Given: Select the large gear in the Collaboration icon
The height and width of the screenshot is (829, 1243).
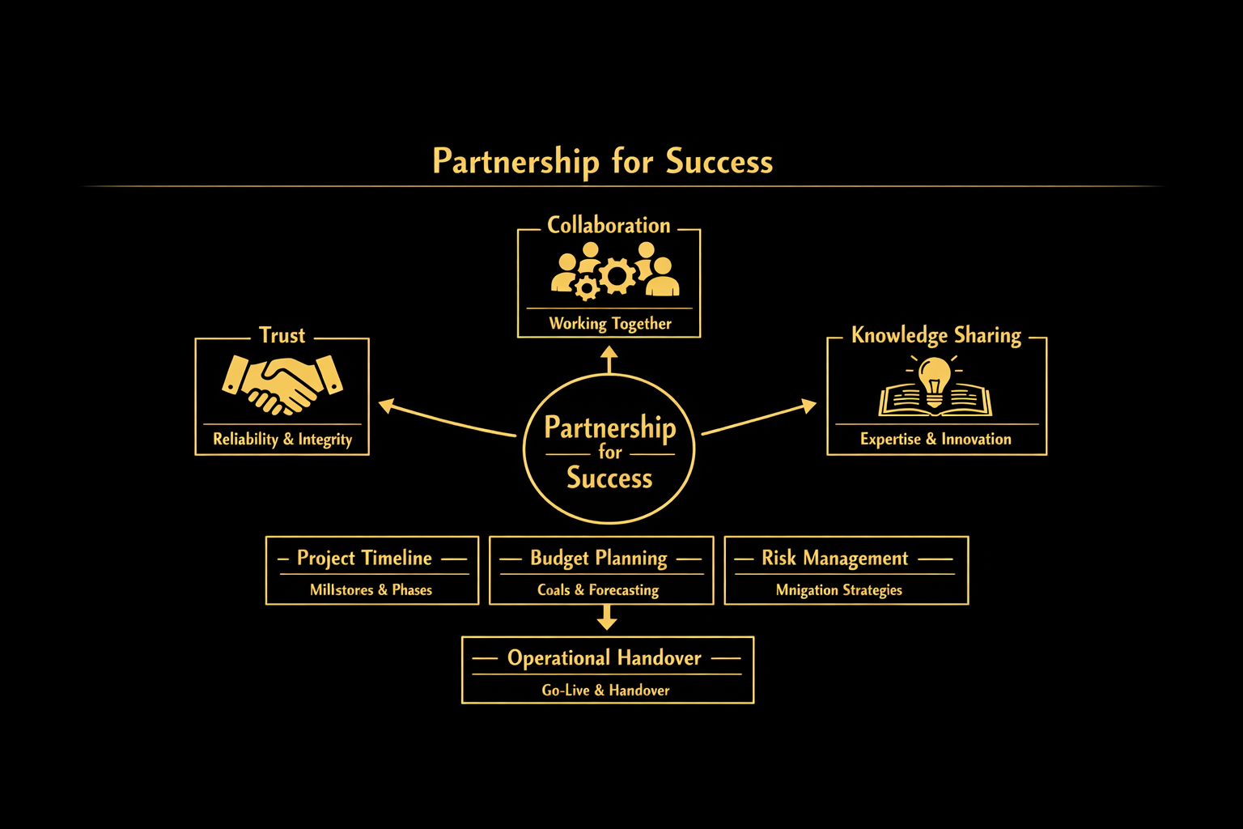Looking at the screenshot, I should (x=617, y=276).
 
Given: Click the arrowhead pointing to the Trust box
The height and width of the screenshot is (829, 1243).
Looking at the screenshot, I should (x=387, y=405).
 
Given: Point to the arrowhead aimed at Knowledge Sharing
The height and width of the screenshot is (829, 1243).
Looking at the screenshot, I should (x=808, y=405).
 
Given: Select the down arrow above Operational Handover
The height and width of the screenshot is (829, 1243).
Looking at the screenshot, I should (x=607, y=619).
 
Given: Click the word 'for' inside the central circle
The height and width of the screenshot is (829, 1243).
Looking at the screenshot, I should (x=610, y=453).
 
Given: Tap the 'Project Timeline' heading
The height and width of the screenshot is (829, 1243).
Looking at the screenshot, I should (x=364, y=558).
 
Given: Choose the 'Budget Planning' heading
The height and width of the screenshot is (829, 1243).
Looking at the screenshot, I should (x=599, y=558).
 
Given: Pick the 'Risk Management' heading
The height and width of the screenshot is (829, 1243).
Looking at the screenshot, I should (x=834, y=558).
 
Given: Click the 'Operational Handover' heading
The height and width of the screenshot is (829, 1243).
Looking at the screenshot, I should (x=605, y=658).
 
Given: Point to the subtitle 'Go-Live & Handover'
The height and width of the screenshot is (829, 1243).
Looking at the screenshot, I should (x=605, y=691).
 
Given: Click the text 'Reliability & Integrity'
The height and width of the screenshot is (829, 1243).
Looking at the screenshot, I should (x=282, y=440).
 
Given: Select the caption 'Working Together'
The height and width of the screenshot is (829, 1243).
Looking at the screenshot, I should (x=610, y=324).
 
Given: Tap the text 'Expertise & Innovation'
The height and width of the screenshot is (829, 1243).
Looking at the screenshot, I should (x=935, y=440).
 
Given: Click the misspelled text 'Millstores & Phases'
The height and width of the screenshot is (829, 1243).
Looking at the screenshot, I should (x=371, y=590).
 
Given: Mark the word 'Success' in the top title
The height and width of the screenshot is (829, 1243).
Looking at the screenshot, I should (x=719, y=162).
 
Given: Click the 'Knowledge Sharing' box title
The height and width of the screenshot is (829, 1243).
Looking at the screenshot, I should (x=936, y=335).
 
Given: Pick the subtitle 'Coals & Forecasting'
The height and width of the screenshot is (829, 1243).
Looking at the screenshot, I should (x=598, y=590).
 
